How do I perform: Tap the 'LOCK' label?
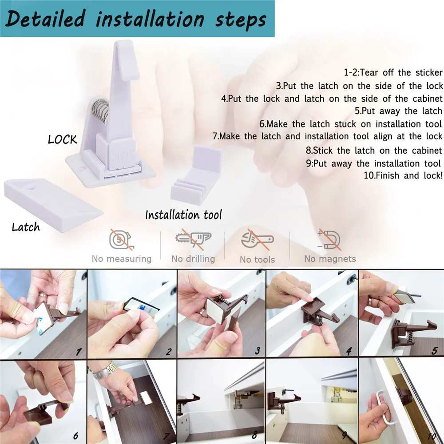click(63, 139)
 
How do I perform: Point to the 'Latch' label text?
click(26, 227)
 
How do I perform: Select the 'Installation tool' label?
click(183, 215)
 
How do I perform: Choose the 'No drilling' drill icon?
click(193, 240)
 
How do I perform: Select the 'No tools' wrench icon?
click(257, 241)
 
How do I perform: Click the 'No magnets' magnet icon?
click(329, 240)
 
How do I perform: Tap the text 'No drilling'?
click(193, 258)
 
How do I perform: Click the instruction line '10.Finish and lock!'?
click(403, 175)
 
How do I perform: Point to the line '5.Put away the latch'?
click(398, 111)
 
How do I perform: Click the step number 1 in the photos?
click(79, 352)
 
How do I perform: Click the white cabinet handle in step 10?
click(378, 406)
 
